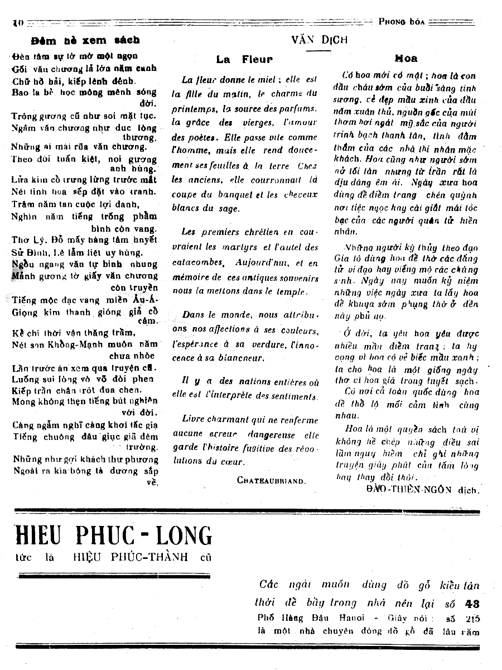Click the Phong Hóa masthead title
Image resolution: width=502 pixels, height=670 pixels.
pos(402,22)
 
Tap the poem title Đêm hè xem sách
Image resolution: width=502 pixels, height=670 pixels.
pos(85,40)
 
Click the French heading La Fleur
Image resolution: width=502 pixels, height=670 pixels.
pos(244,59)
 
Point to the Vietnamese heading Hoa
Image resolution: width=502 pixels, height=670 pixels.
pos(406,58)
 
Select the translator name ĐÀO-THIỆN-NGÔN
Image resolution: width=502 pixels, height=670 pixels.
pos(411,489)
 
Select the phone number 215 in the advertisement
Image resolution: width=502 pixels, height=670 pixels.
pos(472,619)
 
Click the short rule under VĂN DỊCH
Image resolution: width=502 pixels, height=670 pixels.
pos(319,50)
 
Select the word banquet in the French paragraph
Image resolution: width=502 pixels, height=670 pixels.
pos(225,195)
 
